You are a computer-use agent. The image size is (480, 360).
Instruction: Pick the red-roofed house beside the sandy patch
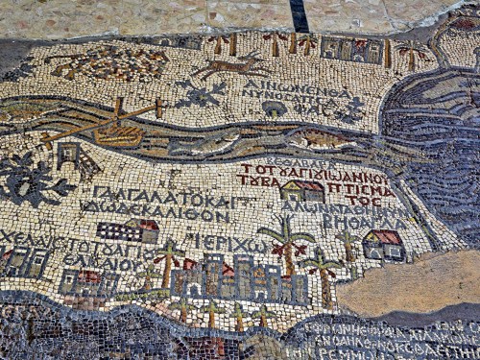(384, 245)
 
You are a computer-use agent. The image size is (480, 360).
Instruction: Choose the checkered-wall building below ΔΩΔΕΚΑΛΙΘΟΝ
(129, 230)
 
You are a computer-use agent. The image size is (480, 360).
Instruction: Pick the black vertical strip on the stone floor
(300, 15)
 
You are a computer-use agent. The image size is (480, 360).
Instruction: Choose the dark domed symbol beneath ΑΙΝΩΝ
(276, 108)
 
